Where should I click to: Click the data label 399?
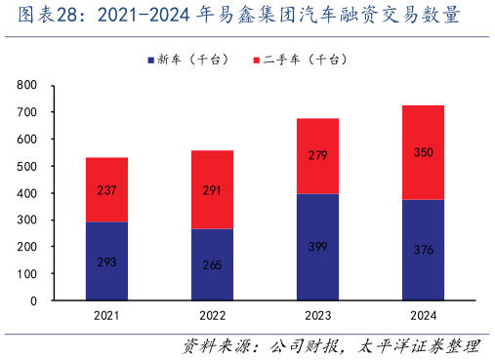pos(317,246)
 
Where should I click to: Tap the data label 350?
pos(423,153)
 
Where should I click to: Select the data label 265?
pos(212,264)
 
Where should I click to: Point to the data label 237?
pos(106,190)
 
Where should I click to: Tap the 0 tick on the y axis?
pos(33,301)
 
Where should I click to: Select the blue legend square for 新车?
pos(150,60)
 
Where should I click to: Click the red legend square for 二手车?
pos(257,60)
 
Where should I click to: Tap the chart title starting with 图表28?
pos(233,17)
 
